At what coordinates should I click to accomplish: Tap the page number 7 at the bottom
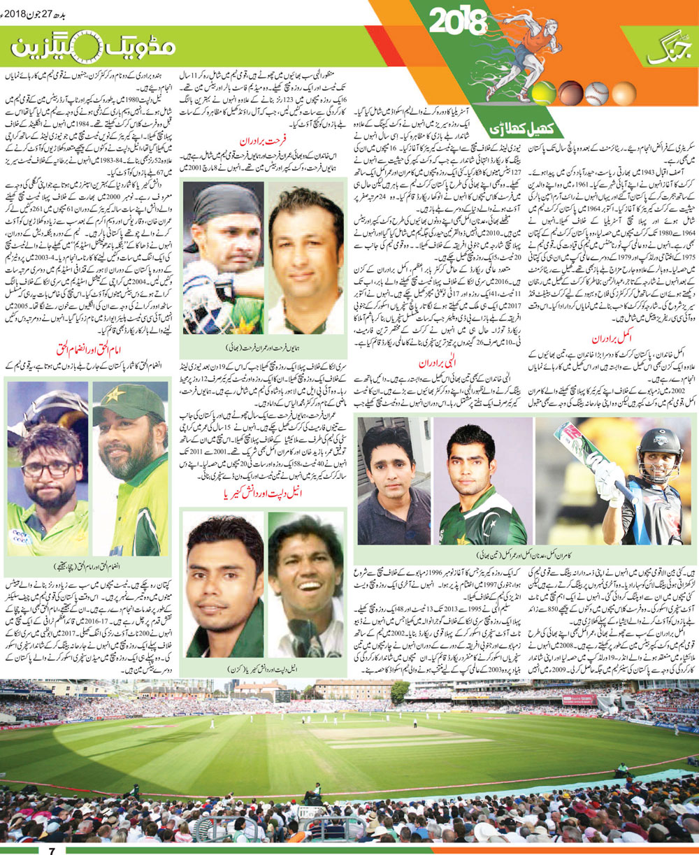click(x=51, y=849)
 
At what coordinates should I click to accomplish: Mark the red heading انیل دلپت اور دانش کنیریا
click(x=263, y=495)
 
